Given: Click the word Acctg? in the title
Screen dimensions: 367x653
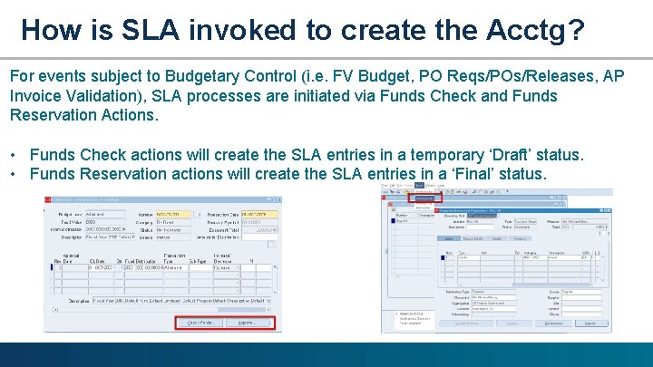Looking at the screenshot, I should pos(528,31).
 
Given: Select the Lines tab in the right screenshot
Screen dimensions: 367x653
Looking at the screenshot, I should pos(449,238).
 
